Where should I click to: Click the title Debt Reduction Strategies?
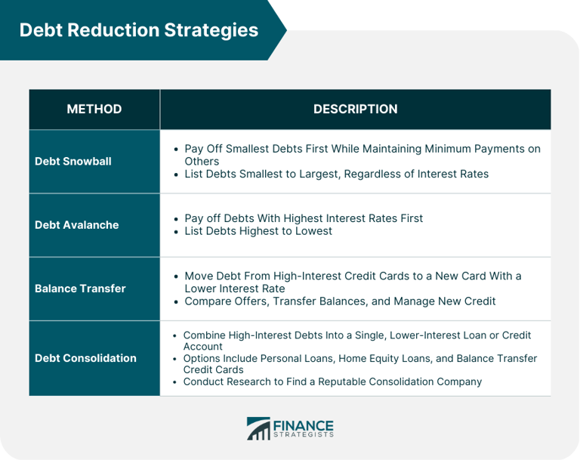pyautogui.click(x=138, y=29)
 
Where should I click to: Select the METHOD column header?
pyautogui.click(x=94, y=109)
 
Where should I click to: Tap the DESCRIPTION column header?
pyautogui.click(x=355, y=109)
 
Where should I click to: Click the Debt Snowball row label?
pyautogui.click(x=73, y=161)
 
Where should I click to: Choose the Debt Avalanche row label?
pyautogui.click(x=77, y=224)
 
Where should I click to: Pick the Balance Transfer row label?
pyautogui.click(x=80, y=288)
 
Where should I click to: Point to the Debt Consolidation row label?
pyautogui.click(x=85, y=357)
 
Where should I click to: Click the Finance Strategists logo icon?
pyautogui.click(x=258, y=428)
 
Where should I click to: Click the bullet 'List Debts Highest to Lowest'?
pyautogui.click(x=258, y=231)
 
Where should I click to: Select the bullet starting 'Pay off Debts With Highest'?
pyautogui.click(x=304, y=218)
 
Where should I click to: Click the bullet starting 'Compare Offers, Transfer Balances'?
pyautogui.click(x=340, y=301)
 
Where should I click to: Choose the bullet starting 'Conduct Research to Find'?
pyautogui.click(x=332, y=381)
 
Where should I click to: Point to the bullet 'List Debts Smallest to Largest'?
pyautogui.click(x=336, y=174)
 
